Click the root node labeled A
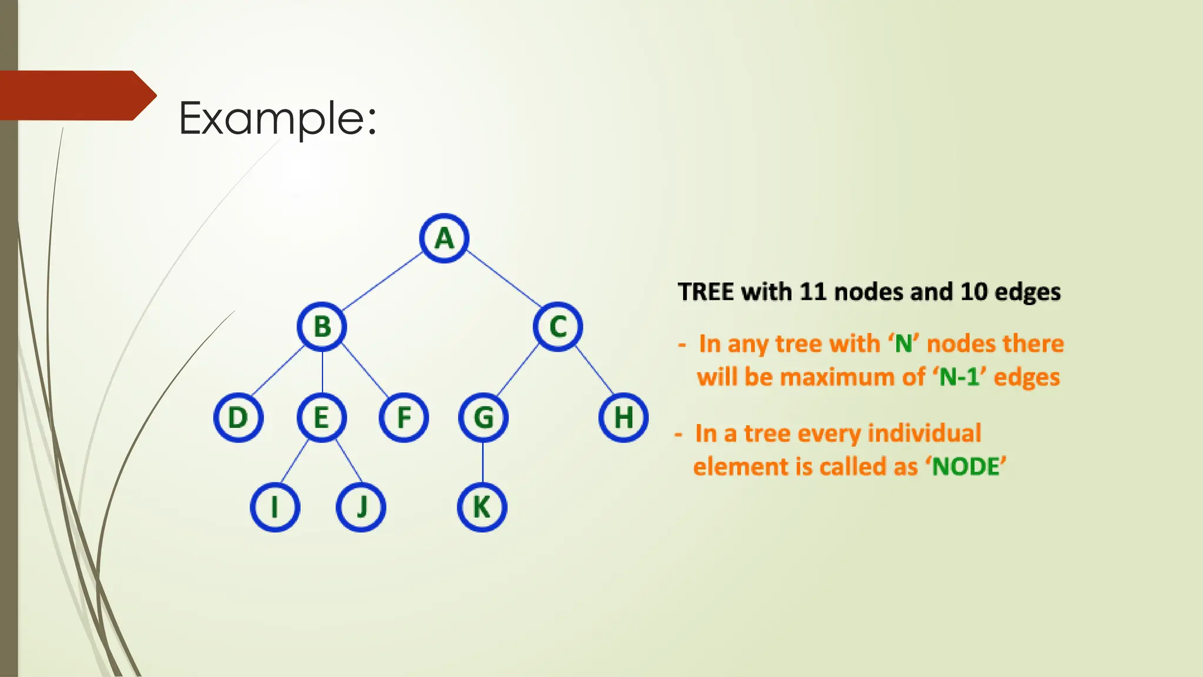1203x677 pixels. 444,238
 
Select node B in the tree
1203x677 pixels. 322,327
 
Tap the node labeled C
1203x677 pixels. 558,327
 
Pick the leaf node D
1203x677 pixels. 238,418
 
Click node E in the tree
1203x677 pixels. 321,418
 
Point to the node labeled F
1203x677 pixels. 404,418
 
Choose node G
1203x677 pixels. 483,418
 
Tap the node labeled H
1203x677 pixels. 624,418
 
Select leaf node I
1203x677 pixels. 275,507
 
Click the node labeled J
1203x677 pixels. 361,507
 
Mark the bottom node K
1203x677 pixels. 482,507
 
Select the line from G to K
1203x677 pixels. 483,462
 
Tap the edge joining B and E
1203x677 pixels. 322,372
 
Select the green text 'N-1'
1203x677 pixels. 960,377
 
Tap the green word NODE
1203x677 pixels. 966,467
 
